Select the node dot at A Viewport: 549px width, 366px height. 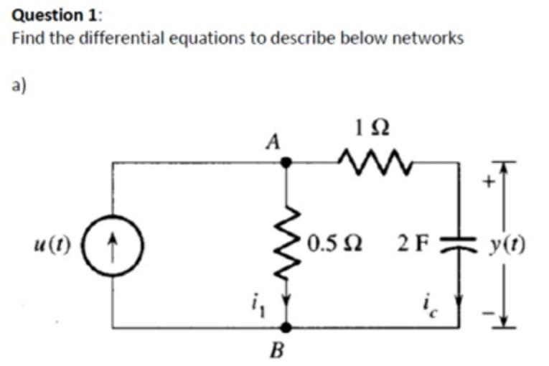point(286,163)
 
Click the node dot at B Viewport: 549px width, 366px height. point(286,327)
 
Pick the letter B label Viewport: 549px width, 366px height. point(276,351)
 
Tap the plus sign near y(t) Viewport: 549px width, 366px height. point(489,183)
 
